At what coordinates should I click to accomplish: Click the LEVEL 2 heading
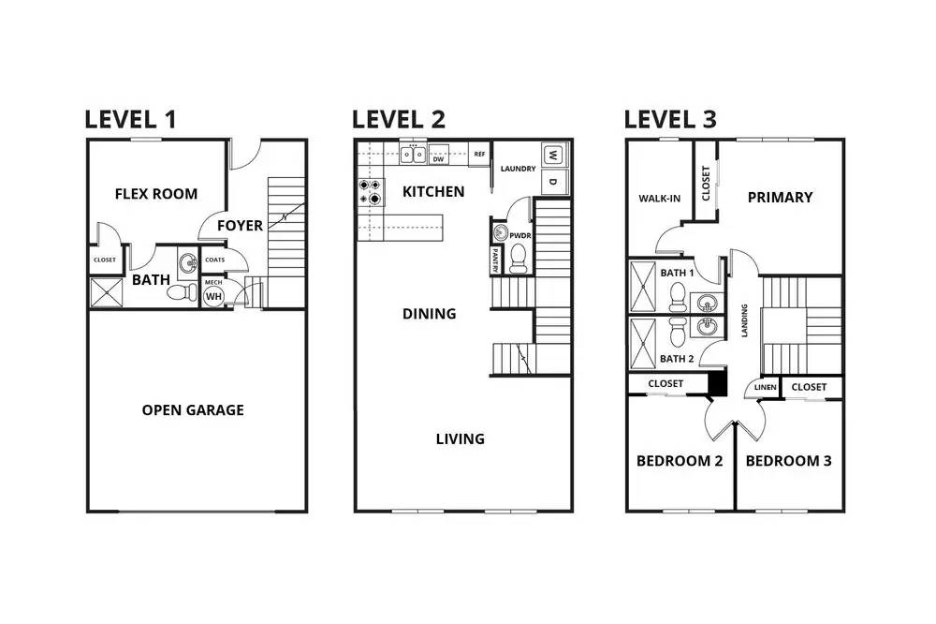coord(398,119)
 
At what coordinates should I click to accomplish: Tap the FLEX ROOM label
coord(156,194)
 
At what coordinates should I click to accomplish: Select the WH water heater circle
coord(213,296)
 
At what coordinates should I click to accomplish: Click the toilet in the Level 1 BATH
coord(183,292)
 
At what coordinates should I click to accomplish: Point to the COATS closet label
coord(215,260)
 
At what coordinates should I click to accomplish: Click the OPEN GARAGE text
coord(193,410)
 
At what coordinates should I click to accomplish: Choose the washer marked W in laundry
coord(553,156)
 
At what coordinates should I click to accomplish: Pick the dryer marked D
coord(553,182)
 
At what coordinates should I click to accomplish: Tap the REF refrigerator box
coord(479,155)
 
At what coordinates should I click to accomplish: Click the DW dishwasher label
coord(439,159)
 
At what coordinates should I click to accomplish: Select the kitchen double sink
coord(413,155)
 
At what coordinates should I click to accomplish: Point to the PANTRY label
coord(495,260)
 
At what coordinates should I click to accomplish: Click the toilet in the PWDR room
coord(519,259)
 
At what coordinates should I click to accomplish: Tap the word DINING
coord(430,314)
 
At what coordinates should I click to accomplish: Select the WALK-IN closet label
coord(660,199)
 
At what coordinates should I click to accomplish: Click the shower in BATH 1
coord(643,287)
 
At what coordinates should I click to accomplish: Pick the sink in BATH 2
coord(708,326)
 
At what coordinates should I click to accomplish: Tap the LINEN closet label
coord(766,387)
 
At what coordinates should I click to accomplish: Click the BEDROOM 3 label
coord(788,461)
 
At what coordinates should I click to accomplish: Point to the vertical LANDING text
coord(744,320)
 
